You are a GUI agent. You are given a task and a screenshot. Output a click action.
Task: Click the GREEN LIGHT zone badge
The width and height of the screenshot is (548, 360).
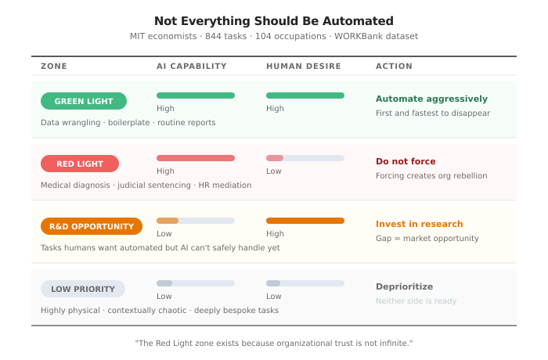[x=84, y=101]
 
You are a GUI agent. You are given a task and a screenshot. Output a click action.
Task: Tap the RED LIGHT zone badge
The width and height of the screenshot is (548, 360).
[x=80, y=164]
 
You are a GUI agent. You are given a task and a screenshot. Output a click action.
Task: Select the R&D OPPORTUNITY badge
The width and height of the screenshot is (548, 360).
[x=92, y=226]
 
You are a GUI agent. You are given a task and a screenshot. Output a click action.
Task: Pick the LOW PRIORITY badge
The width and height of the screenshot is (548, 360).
[x=83, y=289]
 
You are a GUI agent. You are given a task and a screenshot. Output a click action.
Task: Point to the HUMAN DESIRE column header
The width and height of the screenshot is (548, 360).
[x=304, y=67]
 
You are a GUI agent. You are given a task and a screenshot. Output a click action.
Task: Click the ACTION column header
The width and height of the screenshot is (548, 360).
[x=394, y=67]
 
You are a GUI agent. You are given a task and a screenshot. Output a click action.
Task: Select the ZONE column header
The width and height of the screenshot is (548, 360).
[x=54, y=67]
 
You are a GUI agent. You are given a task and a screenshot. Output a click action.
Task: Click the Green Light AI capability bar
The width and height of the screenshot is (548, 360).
[x=196, y=95]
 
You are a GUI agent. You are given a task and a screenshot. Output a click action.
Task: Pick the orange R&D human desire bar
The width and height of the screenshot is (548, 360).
[x=305, y=221]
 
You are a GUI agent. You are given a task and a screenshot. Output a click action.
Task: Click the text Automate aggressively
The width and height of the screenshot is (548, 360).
[x=431, y=99]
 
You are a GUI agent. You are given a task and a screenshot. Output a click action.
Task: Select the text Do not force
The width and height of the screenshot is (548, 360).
[x=406, y=161]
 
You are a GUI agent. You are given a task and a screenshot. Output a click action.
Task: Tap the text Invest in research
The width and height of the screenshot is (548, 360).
[x=420, y=224]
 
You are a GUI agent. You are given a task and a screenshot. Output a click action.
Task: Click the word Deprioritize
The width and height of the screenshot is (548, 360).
[x=404, y=286]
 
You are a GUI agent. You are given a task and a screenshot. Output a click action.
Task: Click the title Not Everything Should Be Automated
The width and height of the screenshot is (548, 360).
[x=274, y=21]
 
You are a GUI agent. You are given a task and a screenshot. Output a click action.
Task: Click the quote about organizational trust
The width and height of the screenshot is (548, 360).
[x=274, y=343]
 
